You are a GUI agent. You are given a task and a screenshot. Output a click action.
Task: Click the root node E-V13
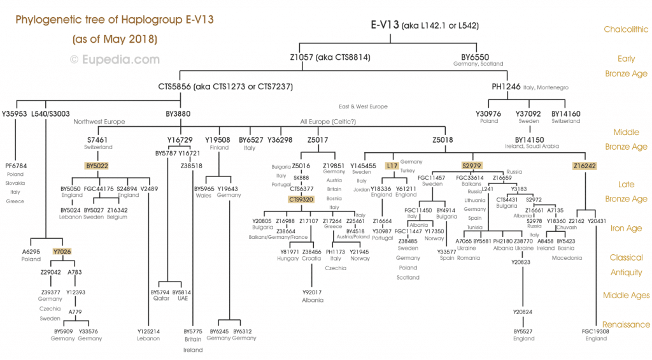(385, 25)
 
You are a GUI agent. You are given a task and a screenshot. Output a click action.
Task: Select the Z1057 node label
(302, 57)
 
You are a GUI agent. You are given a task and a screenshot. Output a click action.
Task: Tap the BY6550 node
(475, 57)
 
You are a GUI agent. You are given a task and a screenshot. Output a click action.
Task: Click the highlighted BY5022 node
(97, 166)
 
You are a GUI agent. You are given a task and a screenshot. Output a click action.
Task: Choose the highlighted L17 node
(392, 166)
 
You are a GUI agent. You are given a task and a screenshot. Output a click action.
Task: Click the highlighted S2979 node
(472, 166)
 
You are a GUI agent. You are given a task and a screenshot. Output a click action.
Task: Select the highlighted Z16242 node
(585, 166)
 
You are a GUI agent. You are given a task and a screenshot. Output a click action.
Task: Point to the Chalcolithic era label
(627, 29)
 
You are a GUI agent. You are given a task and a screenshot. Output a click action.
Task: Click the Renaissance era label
(627, 324)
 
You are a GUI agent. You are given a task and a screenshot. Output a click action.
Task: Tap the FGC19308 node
(596, 331)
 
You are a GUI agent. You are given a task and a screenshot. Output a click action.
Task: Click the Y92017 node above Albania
(312, 292)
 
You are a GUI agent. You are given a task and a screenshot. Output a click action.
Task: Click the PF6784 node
(15, 166)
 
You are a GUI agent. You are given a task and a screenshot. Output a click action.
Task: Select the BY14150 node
(529, 138)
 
